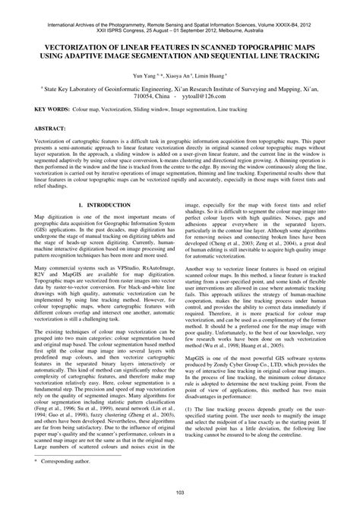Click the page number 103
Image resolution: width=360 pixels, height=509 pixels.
point(180,495)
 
